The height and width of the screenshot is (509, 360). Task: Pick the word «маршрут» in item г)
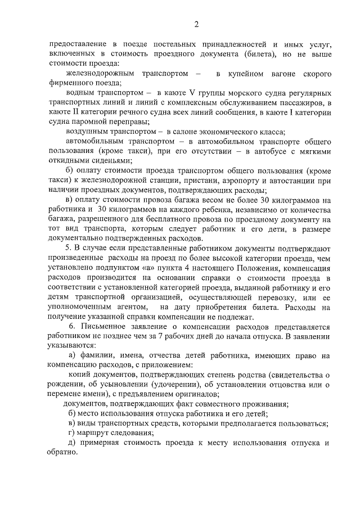point(94,433)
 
